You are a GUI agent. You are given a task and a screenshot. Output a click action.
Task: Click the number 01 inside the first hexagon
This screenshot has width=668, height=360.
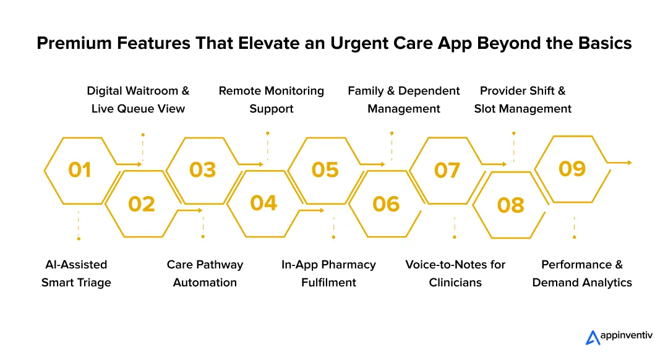click(80, 169)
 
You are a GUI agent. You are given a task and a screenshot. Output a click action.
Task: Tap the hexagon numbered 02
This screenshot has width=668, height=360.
click(141, 204)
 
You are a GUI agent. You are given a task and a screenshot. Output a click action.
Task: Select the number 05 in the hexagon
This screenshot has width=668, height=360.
click(325, 169)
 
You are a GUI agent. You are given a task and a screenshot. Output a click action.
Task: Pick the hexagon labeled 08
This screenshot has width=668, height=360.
click(510, 205)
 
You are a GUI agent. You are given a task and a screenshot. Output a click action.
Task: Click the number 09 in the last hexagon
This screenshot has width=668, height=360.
click(572, 168)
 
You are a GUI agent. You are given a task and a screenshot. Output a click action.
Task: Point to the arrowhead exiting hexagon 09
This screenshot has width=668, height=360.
click(629, 163)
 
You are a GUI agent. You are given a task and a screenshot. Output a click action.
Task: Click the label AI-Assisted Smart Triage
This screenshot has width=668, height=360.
click(76, 273)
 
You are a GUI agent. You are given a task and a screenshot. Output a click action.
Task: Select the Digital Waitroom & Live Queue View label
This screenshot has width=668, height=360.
click(138, 100)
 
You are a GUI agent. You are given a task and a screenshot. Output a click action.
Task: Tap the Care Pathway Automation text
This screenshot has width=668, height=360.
click(205, 273)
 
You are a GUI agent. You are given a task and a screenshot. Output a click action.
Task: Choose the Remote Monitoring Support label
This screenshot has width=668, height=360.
click(271, 100)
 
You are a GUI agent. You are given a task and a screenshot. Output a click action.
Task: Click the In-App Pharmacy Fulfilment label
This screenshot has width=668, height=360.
click(328, 273)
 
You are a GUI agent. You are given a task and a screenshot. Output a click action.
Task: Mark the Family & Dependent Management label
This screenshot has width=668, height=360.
click(403, 100)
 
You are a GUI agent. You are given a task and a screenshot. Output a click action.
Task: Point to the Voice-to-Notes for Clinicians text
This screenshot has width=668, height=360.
click(455, 273)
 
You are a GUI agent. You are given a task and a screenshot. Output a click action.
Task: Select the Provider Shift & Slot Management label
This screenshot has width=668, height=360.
click(523, 100)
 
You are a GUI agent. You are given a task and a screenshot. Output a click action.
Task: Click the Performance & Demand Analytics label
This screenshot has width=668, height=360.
click(582, 273)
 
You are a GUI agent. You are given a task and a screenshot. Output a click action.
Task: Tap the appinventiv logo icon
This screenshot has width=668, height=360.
click(593, 337)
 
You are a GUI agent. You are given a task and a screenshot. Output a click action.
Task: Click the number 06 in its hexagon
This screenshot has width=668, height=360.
click(386, 204)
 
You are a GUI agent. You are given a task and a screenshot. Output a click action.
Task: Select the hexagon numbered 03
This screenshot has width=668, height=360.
click(202, 169)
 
